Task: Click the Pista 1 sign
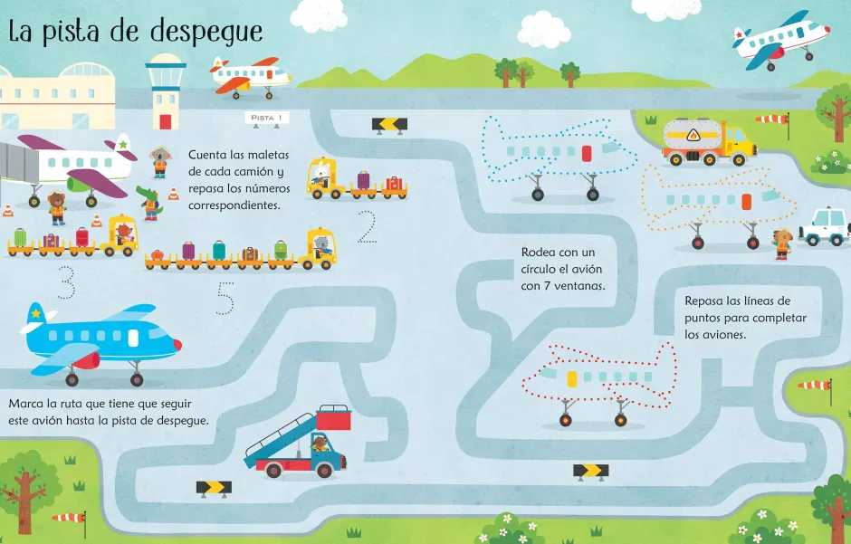[267, 118]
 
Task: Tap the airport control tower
[166, 90]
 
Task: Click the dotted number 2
[366, 228]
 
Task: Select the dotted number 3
[65, 282]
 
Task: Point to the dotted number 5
[225, 299]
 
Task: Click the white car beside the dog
[825, 226]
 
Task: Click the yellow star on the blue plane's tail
[36, 314]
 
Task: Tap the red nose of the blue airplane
[175, 345]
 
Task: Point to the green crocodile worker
[149, 202]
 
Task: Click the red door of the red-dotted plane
[571, 378]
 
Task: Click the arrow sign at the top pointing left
[389, 124]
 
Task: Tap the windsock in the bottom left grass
[70, 518]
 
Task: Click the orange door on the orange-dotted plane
[746, 201]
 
